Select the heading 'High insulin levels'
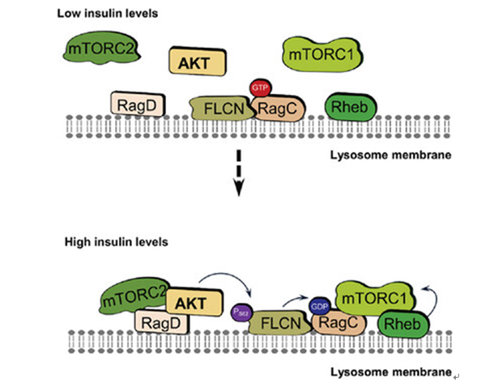click(118, 241)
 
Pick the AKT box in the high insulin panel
click(192, 302)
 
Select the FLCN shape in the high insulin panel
click(275, 324)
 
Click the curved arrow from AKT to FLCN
click(227, 283)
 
